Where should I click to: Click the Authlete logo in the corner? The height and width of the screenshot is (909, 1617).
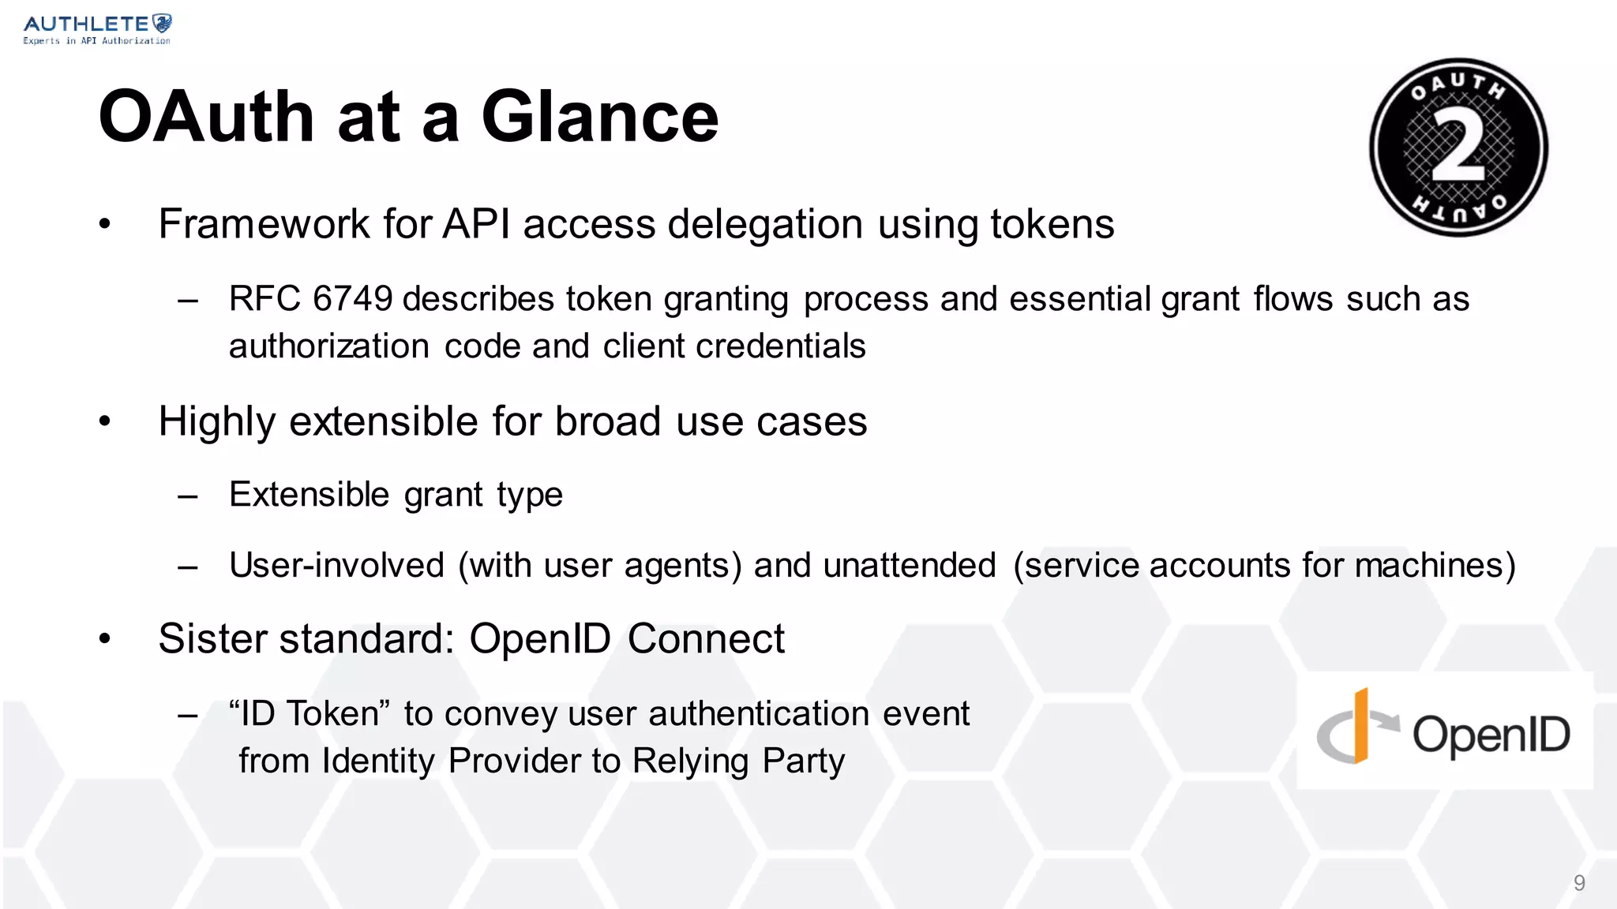point(96,29)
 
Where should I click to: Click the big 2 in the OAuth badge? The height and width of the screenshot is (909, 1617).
point(1458,147)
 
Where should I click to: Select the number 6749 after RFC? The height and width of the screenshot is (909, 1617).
point(352,299)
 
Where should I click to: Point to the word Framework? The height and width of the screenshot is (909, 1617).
point(264,224)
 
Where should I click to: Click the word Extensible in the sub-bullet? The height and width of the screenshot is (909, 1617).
point(309,495)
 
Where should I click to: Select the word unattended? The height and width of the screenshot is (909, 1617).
point(910,566)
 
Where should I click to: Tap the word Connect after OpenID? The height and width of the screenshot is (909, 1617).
point(706,638)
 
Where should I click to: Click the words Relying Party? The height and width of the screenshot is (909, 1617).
point(738,761)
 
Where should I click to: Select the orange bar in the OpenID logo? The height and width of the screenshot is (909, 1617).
point(1361,726)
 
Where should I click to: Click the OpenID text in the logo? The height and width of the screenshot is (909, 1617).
point(1491,735)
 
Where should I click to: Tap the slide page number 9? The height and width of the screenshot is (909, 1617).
point(1579,883)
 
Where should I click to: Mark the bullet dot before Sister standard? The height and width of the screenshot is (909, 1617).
point(105,638)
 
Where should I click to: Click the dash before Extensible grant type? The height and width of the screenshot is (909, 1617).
point(188,496)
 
